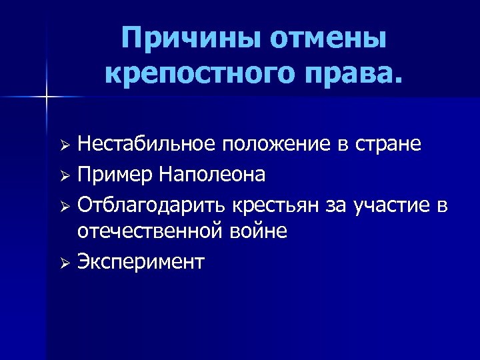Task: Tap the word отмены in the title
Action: tap(329, 41)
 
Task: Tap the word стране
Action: tap(389, 145)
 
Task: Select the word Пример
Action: tap(115, 175)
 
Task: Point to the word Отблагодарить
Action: tap(152, 203)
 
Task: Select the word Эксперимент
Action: tap(141, 261)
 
